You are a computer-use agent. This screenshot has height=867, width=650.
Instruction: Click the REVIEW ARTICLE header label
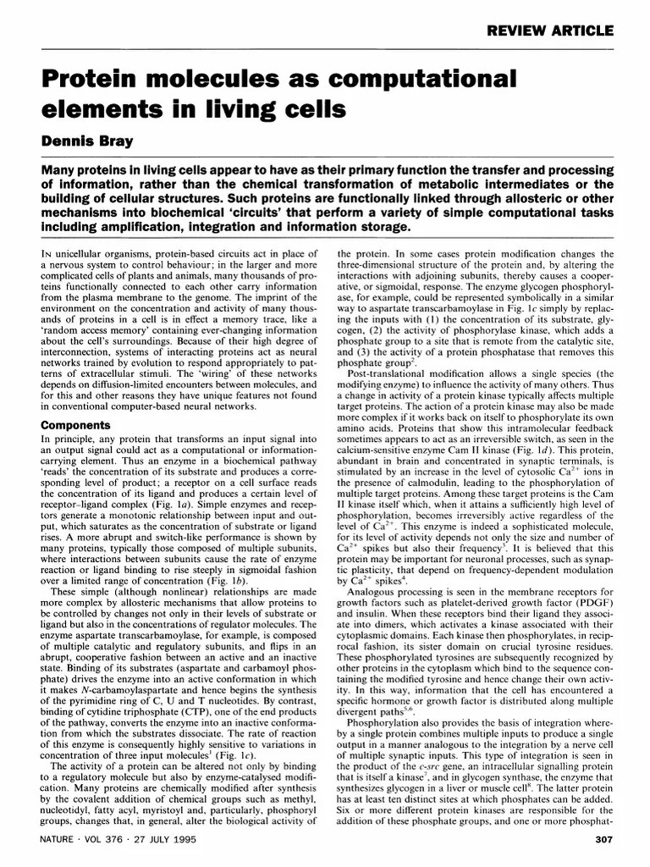549,31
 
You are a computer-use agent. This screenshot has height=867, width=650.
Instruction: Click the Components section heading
77,425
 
